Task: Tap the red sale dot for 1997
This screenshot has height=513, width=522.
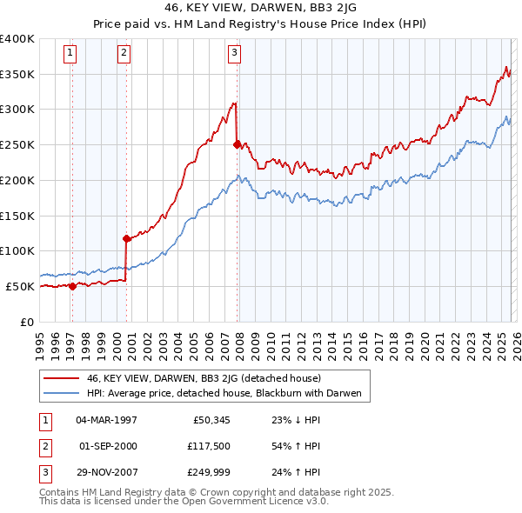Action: [x=72, y=286]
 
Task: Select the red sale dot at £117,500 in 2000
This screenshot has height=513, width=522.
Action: [x=126, y=237]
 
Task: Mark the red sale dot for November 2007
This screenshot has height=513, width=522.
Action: [x=237, y=144]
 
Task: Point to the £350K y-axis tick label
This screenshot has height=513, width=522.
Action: [x=17, y=75]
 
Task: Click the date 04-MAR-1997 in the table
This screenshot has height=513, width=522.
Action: [x=107, y=420]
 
